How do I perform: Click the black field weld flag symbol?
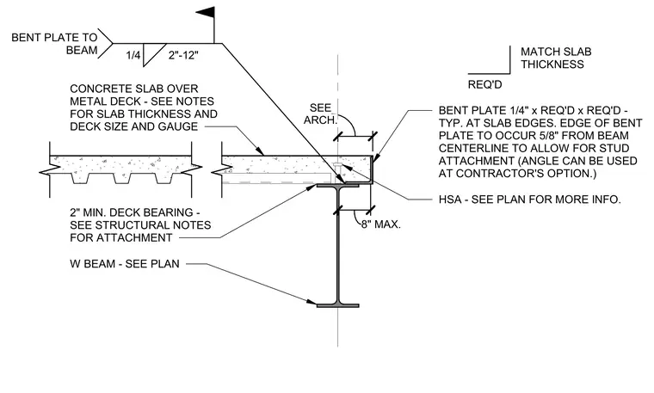(x=207, y=13)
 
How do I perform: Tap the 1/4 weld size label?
(x=133, y=55)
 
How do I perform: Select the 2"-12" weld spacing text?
(x=183, y=55)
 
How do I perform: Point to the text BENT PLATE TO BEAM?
(x=54, y=44)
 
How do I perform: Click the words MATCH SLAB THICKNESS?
(x=556, y=58)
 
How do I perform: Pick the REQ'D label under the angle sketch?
(x=484, y=84)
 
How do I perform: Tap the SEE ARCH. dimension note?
(x=320, y=114)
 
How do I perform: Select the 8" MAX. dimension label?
(x=381, y=224)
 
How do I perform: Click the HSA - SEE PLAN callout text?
(x=530, y=200)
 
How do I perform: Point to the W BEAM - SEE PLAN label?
(x=125, y=264)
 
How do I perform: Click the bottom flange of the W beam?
(x=338, y=305)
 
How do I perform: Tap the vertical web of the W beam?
(x=338, y=246)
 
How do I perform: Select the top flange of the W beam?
(x=338, y=186)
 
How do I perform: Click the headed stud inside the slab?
(x=340, y=171)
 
